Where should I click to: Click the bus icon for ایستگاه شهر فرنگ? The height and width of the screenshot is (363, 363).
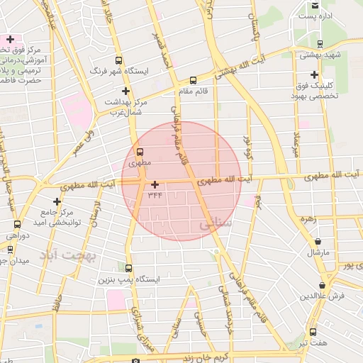coord(118,61)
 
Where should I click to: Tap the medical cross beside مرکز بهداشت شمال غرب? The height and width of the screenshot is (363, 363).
coord(125,91)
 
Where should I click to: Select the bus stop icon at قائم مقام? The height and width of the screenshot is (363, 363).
coord(194,81)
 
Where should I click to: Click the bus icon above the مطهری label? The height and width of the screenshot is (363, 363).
coord(139,152)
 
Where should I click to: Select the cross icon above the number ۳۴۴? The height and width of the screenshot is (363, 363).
coord(155,184)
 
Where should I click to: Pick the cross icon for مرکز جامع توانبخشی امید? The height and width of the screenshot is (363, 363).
coord(57,201)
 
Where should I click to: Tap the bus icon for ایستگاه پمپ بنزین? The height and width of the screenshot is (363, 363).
coord(128,269)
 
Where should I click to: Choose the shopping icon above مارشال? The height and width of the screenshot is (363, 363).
coord(317,242)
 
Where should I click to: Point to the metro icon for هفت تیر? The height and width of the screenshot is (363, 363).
coord(314,332)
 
